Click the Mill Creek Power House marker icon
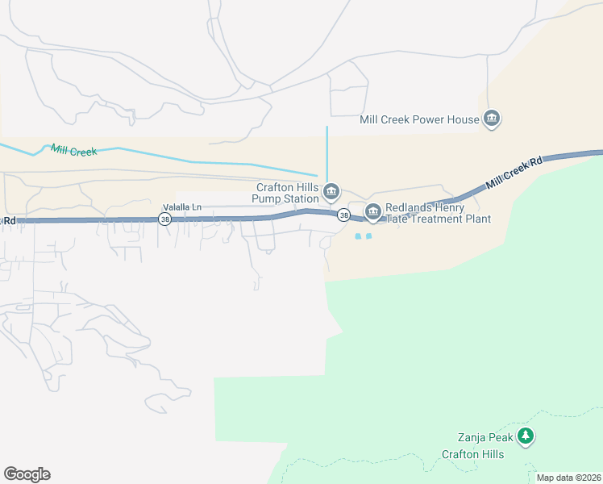[x=492, y=120]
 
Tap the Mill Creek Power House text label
[x=419, y=120]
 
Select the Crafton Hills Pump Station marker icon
[x=331, y=192]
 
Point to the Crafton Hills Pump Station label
[x=285, y=192]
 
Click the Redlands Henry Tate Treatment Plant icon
[x=372, y=213]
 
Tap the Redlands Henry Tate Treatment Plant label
[x=436, y=213]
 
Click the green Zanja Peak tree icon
[x=526, y=437]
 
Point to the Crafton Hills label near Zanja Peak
[x=472, y=454]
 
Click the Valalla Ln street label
[x=181, y=207]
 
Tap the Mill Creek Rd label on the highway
[x=515, y=173]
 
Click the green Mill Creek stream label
[x=73, y=151]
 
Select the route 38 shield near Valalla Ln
[x=164, y=219]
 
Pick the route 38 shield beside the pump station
[x=344, y=215]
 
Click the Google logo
[x=27, y=474]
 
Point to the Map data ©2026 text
[x=568, y=478]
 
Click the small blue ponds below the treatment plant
[x=363, y=236]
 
